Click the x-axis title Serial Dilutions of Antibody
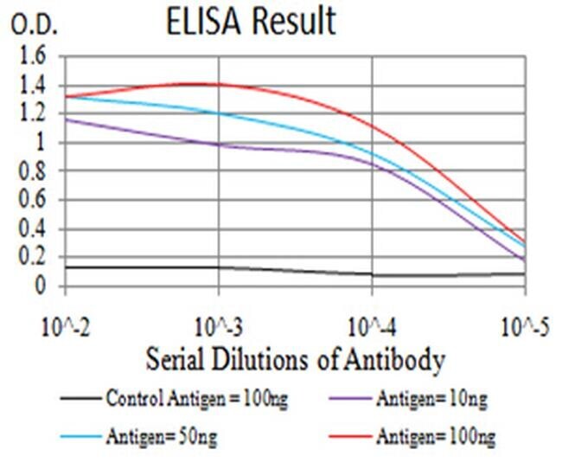pyautogui.click(x=295, y=357)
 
